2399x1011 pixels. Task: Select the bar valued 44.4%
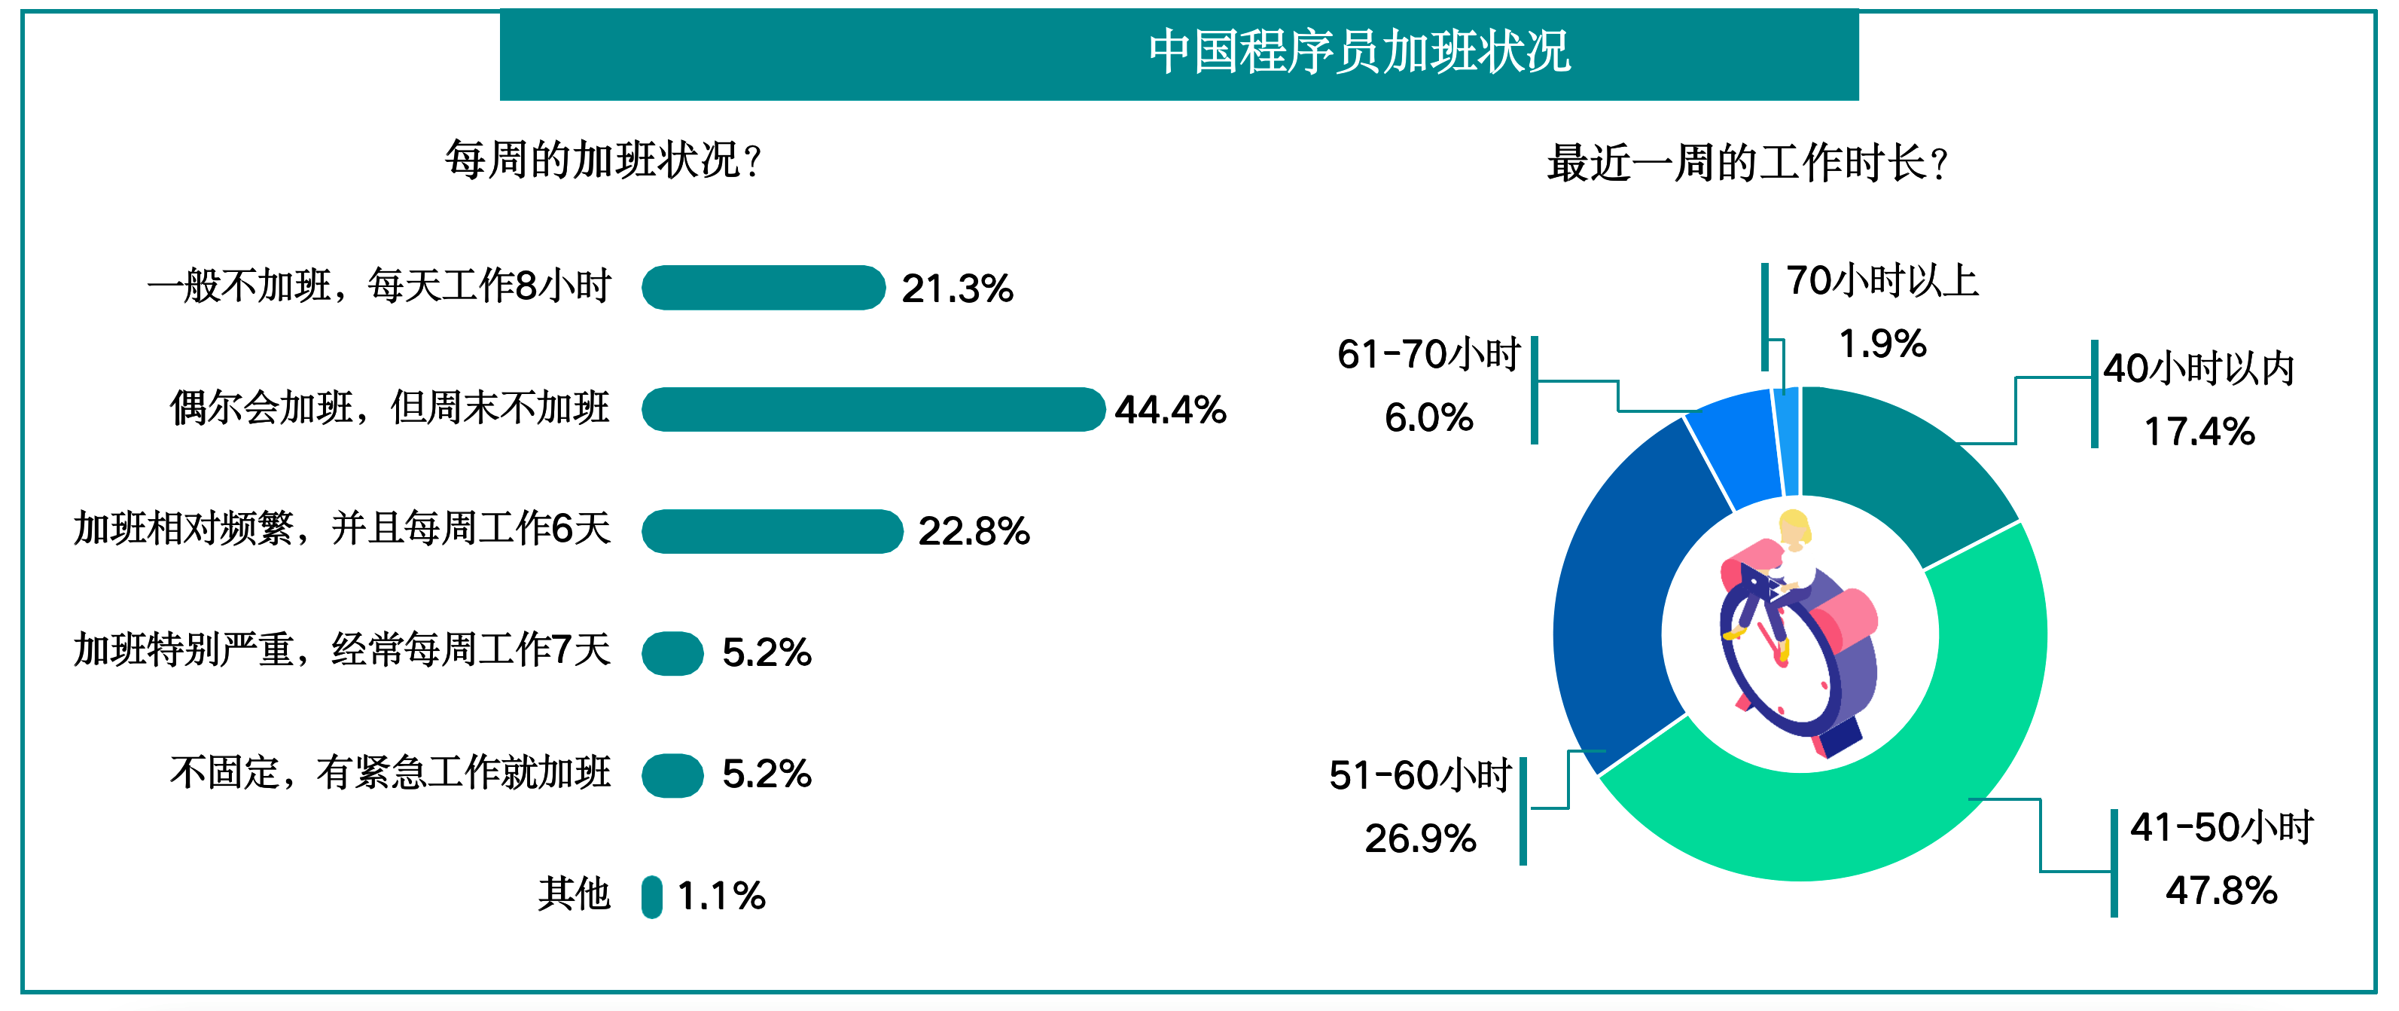pos(873,409)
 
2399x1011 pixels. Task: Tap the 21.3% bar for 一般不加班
pos(764,287)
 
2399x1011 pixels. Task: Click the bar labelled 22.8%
pos(772,531)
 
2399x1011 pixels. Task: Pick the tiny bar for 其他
pos(652,896)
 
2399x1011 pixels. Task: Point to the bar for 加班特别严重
pos(672,653)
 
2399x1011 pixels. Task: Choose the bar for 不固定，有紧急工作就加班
pos(672,775)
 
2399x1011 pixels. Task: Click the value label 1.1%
pos(722,896)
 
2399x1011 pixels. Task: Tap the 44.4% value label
pos(1171,410)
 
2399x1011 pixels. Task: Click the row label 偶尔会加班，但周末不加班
pos(389,408)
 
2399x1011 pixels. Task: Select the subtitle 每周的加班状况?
pos(603,160)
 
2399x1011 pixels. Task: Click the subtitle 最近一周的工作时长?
pos(1748,163)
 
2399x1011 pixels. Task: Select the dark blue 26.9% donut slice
pos(1616,597)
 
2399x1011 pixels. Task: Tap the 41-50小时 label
pos(2222,827)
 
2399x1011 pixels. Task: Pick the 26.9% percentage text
pos(1421,838)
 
